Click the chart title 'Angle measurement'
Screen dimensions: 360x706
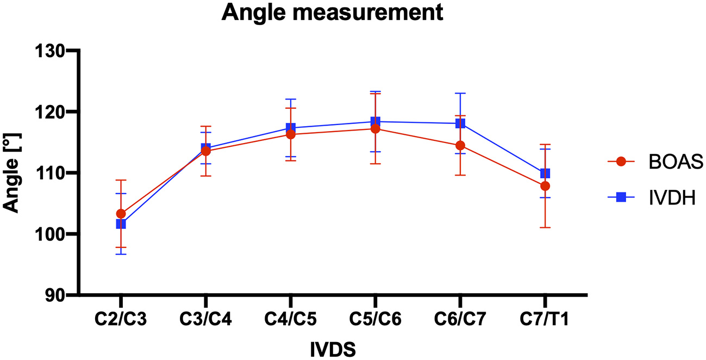[333, 12]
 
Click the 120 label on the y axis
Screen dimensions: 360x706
[51, 112]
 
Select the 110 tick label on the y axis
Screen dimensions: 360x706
[51, 173]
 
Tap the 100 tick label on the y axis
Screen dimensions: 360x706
[51, 234]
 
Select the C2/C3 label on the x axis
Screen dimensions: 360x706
[121, 319]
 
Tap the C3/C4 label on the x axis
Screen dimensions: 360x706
[205, 319]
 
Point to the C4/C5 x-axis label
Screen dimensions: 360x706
[290, 319]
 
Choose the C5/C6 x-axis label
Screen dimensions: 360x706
[375, 319]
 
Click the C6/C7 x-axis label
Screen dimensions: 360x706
[460, 319]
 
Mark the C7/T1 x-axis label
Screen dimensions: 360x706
[545, 319]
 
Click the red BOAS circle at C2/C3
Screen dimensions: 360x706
[121, 214]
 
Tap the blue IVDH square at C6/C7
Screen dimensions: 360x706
[460, 123]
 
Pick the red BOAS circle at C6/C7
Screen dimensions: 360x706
[460, 146]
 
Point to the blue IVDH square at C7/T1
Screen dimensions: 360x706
[545, 173]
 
